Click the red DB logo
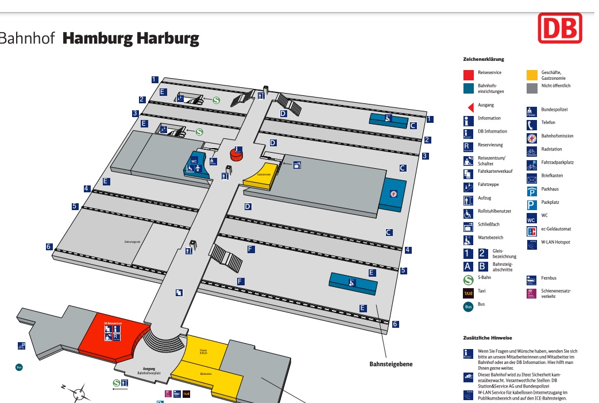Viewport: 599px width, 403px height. (559, 28)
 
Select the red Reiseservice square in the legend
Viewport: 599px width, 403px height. (469, 75)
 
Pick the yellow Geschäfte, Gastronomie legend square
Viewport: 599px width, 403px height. (532, 75)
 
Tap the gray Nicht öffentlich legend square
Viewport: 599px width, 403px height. (532, 88)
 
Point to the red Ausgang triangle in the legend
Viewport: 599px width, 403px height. (469, 107)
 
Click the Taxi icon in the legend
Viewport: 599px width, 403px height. (469, 293)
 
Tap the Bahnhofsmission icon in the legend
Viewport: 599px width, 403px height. (532, 138)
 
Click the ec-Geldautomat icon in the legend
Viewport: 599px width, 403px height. (532, 231)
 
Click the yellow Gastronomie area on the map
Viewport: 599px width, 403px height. (262, 175)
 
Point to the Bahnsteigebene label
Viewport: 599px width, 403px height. (391, 363)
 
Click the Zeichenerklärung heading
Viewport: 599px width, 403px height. (483, 59)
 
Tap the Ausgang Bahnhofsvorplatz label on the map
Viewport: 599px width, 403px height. (149, 370)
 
